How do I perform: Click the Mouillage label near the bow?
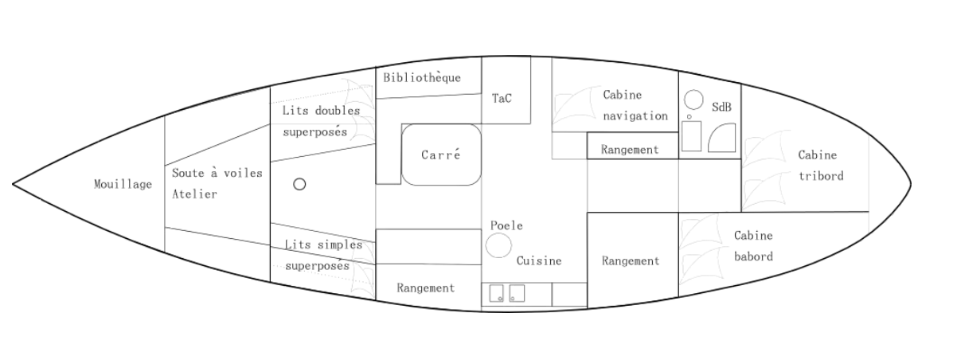click(x=123, y=184)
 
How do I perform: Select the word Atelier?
click(x=194, y=194)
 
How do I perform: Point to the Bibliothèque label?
click(x=422, y=78)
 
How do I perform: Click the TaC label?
click(x=502, y=99)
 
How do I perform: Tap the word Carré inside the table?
click(x=440, y=155)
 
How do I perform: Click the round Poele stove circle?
click(x=498, y=245)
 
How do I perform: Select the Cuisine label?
click(x=539, y=261)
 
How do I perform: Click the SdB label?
click(x=721, y=107)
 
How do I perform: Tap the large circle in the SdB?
click(x=693, y=100)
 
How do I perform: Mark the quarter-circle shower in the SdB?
click(x=722, y=138)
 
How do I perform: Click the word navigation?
click(x=635, y=116)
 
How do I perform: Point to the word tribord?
click(x=821, y=176)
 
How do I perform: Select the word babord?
click(x=754, y=256)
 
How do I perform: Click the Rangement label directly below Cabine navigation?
click(x=630, y=150)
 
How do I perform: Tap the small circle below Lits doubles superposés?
click(x=299, y=184)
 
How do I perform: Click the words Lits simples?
click(x=323, y=245)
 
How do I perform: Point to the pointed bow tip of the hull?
click(x=13, y=184)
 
